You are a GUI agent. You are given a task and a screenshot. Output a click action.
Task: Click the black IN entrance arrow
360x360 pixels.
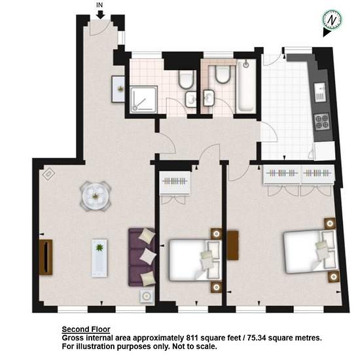(100, 14)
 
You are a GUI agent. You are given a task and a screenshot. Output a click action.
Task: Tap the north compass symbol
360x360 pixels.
(332, 20)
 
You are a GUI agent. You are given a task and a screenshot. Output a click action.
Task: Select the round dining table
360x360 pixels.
(96, 196)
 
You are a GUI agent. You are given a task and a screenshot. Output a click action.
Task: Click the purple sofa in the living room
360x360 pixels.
(142, 257)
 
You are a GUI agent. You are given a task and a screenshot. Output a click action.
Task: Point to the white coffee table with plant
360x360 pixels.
(99, 258)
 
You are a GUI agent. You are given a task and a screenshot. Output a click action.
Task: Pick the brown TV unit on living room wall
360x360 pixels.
(46, 257)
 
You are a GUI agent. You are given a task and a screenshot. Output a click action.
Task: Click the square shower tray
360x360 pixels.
(144, 99)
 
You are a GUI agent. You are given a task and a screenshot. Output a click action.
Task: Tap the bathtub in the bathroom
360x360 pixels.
(246, 86)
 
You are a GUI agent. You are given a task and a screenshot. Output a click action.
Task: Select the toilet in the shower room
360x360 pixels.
(186, 79)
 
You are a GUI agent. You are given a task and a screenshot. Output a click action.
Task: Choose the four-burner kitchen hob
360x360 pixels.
(322, 122)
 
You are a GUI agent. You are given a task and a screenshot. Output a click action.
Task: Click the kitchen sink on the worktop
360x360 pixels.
(320, 92)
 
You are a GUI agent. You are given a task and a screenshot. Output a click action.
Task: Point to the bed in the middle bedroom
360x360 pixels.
(195, 261)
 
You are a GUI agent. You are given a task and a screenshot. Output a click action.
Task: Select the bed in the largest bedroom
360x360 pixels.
(311, 251)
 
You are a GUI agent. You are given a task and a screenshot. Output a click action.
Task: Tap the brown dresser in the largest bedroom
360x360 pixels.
(233, 245)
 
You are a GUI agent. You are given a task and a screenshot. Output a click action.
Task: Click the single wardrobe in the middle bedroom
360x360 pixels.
(175, 183)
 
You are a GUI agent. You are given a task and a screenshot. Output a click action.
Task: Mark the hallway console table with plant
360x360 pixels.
(118, 89)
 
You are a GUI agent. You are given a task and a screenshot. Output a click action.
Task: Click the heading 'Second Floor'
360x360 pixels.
(86, 329)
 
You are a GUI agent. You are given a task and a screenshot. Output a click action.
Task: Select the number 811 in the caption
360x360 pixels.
(192, 338)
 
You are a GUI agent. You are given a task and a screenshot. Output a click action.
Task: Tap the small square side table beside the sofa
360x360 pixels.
(147, 296)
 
